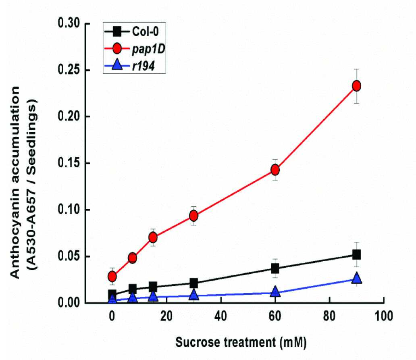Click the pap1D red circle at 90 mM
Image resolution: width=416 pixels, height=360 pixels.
click(x=357, y=86)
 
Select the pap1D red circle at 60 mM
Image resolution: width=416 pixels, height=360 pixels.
click(x=275, y=170)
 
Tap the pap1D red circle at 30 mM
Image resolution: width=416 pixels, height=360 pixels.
click(x=193, y=216)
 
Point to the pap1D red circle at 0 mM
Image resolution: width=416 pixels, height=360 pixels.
click(x=112, y=277)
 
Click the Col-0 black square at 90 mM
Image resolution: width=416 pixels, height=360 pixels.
click(x=357, y=255)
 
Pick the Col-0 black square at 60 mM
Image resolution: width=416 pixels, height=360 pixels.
click(x=275, y=268)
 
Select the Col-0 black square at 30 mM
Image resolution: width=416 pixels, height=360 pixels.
click(x=193, y=283)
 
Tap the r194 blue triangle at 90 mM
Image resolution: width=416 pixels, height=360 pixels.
click(x=357, y=278)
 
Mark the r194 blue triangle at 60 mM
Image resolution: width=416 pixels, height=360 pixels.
click(x=275, y=291)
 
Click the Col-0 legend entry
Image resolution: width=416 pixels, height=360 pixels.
click(x=131, y=31)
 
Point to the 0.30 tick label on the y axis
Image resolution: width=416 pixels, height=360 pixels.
click(x=69, y=23)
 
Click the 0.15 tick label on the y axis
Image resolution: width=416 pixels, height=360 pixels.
click(x=69, y=163)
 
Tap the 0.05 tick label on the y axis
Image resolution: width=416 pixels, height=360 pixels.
click(x=69, y=256)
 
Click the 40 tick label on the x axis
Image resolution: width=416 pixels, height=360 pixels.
click(x=221, y=316)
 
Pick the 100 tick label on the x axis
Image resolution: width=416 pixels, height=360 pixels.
click(x=384, y=316)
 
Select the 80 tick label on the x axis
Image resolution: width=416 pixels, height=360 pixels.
click(x=329, y=316)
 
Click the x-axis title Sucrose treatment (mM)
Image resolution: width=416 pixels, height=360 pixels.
click(x=241, y=342)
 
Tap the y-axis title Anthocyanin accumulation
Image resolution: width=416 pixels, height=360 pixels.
click(x=15, y=183)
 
